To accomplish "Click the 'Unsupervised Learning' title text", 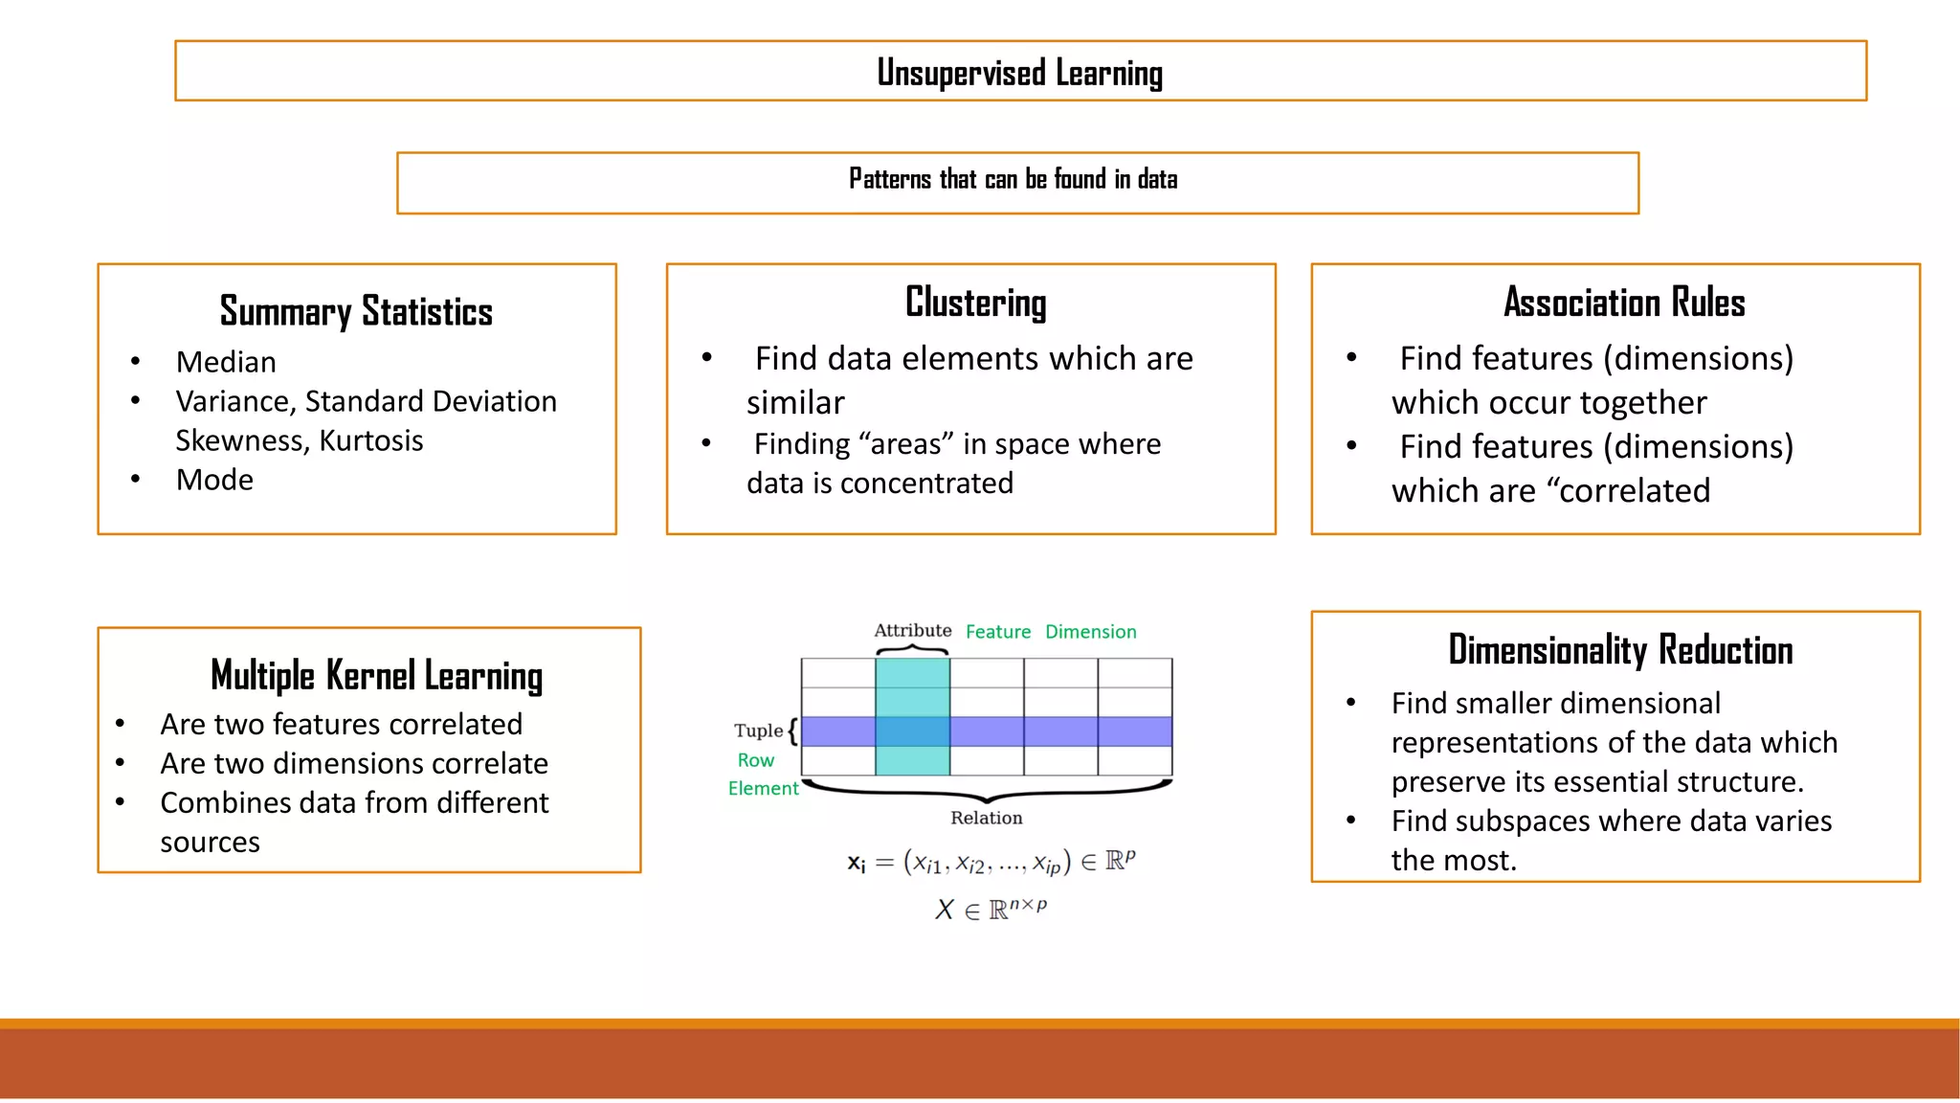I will tap(1019, 73).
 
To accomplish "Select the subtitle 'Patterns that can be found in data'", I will tap(1013, 180).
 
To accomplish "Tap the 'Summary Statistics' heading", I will tap(356, 312).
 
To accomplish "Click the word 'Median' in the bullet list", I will tap(226, 362).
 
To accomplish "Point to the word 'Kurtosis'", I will tap(371, 440).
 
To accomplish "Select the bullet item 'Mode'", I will tap(214, 480).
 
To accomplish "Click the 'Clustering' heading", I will tap(975, 303).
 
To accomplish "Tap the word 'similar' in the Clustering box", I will tap(795, 403).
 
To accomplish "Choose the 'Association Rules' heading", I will tap(1624, 303).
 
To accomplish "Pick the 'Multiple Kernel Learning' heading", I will tap(376, 676).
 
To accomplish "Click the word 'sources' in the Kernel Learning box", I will tap(210, 843).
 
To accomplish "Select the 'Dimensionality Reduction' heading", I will tap(1620, 650).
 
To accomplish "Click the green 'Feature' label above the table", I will tap(998, 632).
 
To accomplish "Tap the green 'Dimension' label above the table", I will tap(1090, 632).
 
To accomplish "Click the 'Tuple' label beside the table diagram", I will tap(758, 731).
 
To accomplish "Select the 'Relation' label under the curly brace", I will tap(986, 818).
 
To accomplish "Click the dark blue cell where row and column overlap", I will tap(912, 732).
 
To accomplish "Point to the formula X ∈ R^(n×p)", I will tap(991, 909).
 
